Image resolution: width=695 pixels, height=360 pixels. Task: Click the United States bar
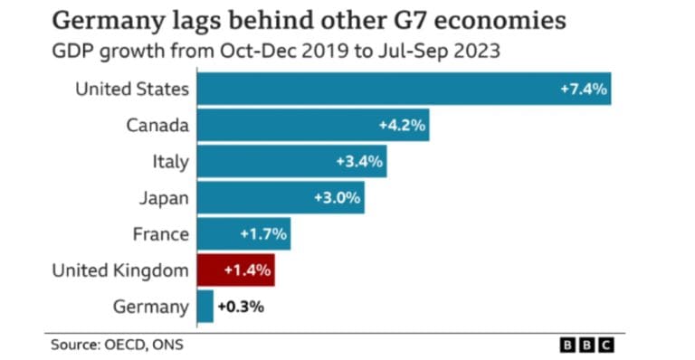pos(404,89)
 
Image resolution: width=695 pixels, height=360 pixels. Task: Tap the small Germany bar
pos(205,306)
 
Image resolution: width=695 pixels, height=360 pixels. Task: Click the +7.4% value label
pos(583,89)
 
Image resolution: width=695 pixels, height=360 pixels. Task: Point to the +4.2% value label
pos(401,125)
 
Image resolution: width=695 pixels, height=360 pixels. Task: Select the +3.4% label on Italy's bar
pos(359,161)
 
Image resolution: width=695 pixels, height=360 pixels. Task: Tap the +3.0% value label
pos(337,197)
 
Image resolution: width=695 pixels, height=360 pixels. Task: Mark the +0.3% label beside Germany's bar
pos(241,306)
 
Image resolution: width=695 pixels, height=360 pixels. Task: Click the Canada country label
pos(157,125)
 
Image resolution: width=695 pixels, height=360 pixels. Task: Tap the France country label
pos(160,233)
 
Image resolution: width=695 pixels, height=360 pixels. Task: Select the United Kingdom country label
pos(120,270)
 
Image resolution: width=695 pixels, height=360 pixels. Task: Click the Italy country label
pos(170,161)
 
